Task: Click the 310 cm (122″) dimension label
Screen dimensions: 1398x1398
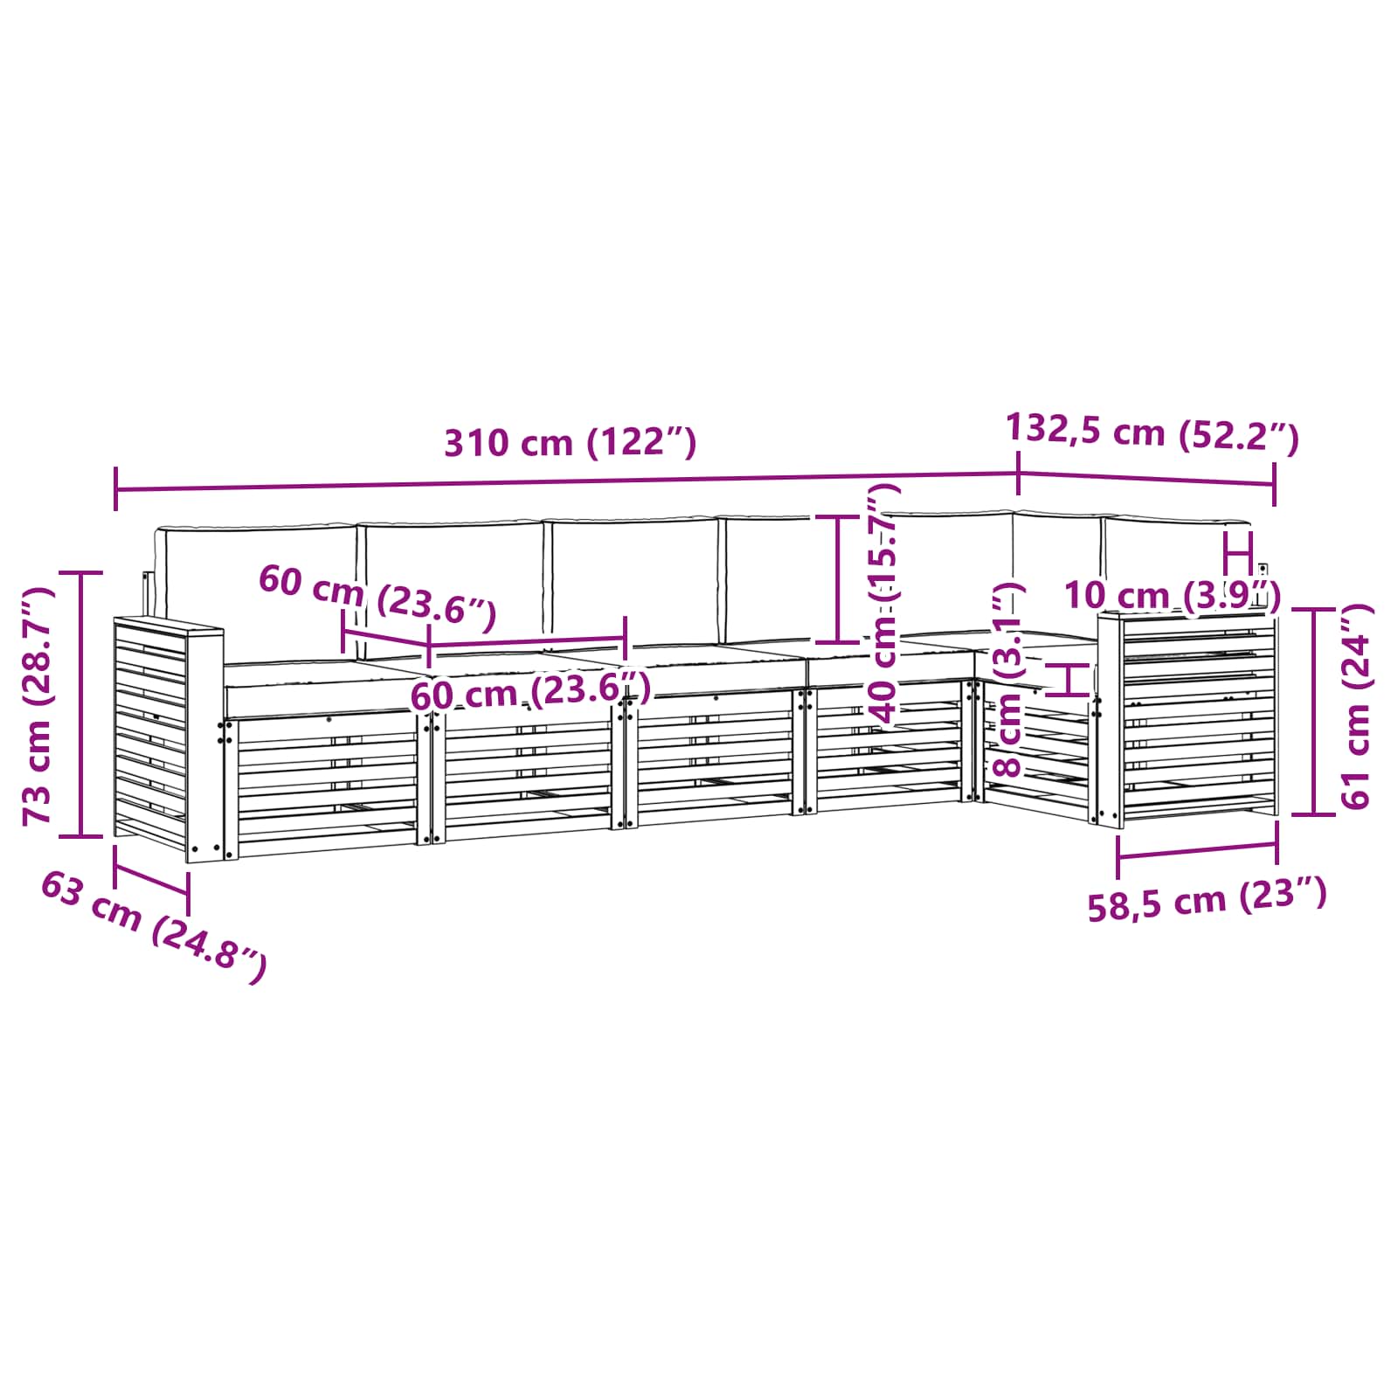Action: pyautogui.click(x=571, y=443)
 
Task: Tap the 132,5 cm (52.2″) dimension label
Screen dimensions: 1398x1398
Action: pyautogui.click(x=1152, y=432)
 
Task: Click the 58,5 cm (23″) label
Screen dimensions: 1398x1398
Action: pyautogui.click(x=1208, y=899)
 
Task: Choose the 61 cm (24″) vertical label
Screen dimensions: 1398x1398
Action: pyautogui.click(x=1357, y=706)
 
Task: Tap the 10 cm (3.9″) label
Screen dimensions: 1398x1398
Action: pyautogui.click(x=1173, y=597)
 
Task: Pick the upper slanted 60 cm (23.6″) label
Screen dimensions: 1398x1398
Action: pyautogui.click(x=377, y=598)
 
